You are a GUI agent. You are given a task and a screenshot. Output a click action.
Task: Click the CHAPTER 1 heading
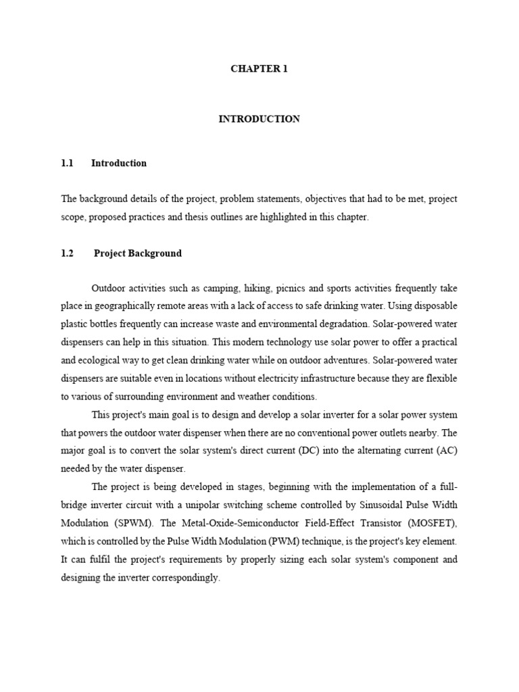[259, 69]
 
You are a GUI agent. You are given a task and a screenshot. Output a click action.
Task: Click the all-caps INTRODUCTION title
[259, 119]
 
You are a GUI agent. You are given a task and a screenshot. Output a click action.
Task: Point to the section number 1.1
[67, 163]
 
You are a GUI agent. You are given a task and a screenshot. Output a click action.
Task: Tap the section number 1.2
[67, 253]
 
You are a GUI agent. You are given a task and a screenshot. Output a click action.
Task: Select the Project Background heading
[138, 253]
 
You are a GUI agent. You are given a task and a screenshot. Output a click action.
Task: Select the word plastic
[75, 324]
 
